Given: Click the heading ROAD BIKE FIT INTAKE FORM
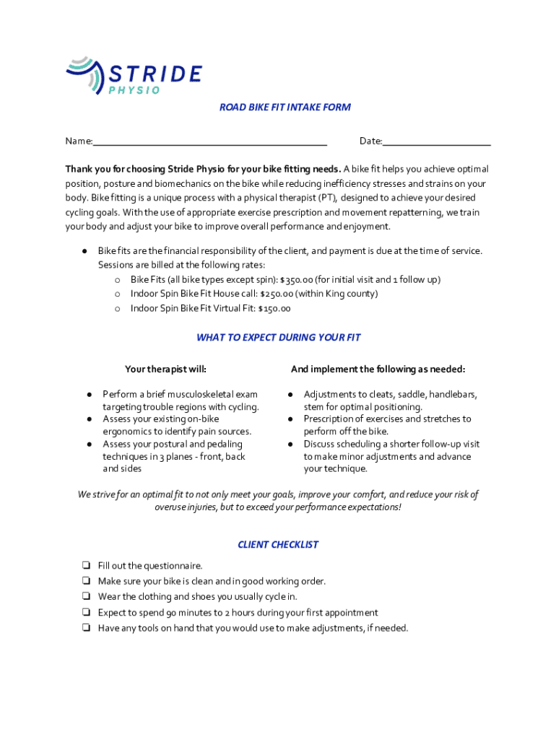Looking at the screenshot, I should click(285, 108).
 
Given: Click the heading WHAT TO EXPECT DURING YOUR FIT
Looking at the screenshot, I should click(278, 338).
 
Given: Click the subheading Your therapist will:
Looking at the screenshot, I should click(165, 369).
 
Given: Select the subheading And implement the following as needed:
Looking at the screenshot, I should click(378, 369).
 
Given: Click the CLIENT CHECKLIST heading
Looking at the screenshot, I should click(278, 545).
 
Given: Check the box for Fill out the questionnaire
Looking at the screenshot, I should click(85, 566).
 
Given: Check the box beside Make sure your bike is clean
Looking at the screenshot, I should click(85, 582).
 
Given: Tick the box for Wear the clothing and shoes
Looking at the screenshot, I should click(85, 597).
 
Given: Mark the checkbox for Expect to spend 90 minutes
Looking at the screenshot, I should click(85, 613).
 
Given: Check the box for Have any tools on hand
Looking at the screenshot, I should click(85, 628).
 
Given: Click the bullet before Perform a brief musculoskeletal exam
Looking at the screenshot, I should click(88, 395).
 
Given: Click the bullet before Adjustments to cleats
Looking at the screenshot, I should click(290, 395).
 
